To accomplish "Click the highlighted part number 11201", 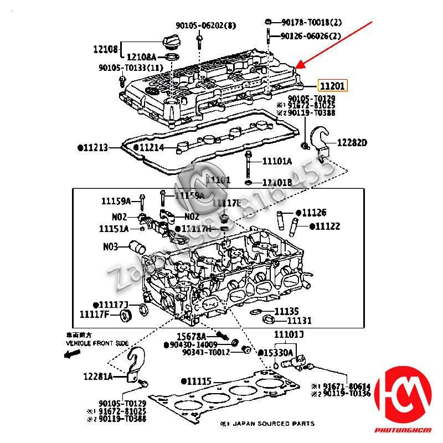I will (332, 86).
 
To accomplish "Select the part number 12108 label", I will (105, 49).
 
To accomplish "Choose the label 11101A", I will (276, 162).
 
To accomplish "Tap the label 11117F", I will (95, 315).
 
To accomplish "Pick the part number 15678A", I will (191, 336).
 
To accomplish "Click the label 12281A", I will (98, 377).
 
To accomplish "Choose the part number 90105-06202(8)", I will (198, 25).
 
